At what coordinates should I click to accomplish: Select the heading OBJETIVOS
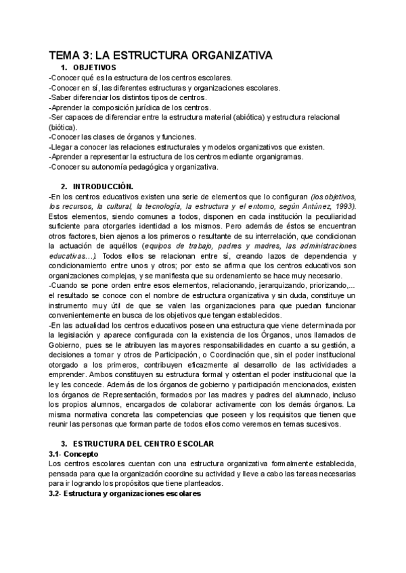click(x=94, y=68)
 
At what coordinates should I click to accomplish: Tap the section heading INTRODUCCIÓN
click(x=103, y=186)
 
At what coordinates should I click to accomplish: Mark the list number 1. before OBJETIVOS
click(x=64, y=68)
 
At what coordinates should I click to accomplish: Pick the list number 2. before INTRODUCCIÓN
click(x=64, y=186)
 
